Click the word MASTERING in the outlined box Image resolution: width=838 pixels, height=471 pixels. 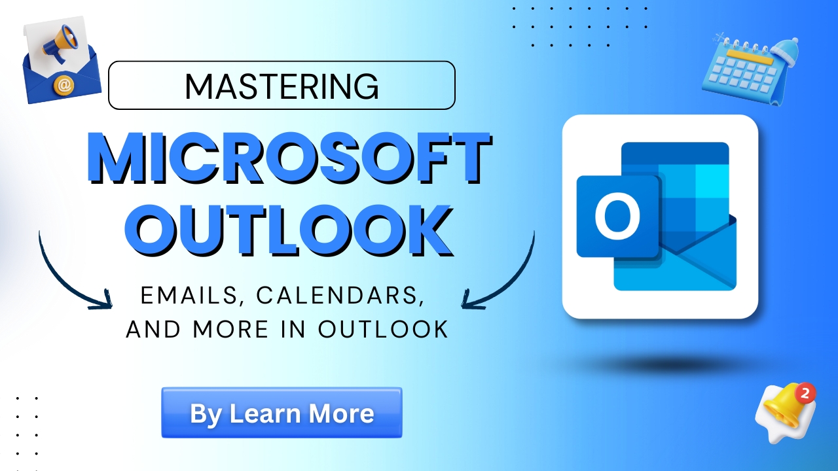[282, 86]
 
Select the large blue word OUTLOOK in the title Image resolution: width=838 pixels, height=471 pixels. [289, 230]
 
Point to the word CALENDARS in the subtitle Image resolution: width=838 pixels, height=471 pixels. [340, 296]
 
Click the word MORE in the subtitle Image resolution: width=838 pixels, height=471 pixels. [230, 329]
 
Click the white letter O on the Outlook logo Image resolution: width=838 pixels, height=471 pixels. [617, 217]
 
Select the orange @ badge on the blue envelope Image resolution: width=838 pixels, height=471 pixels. [64, 86]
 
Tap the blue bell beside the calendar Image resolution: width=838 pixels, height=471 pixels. [784, 54]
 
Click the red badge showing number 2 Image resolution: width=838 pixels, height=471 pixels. [805, 393]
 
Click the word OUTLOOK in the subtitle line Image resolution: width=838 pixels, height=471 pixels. [383, 329]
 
